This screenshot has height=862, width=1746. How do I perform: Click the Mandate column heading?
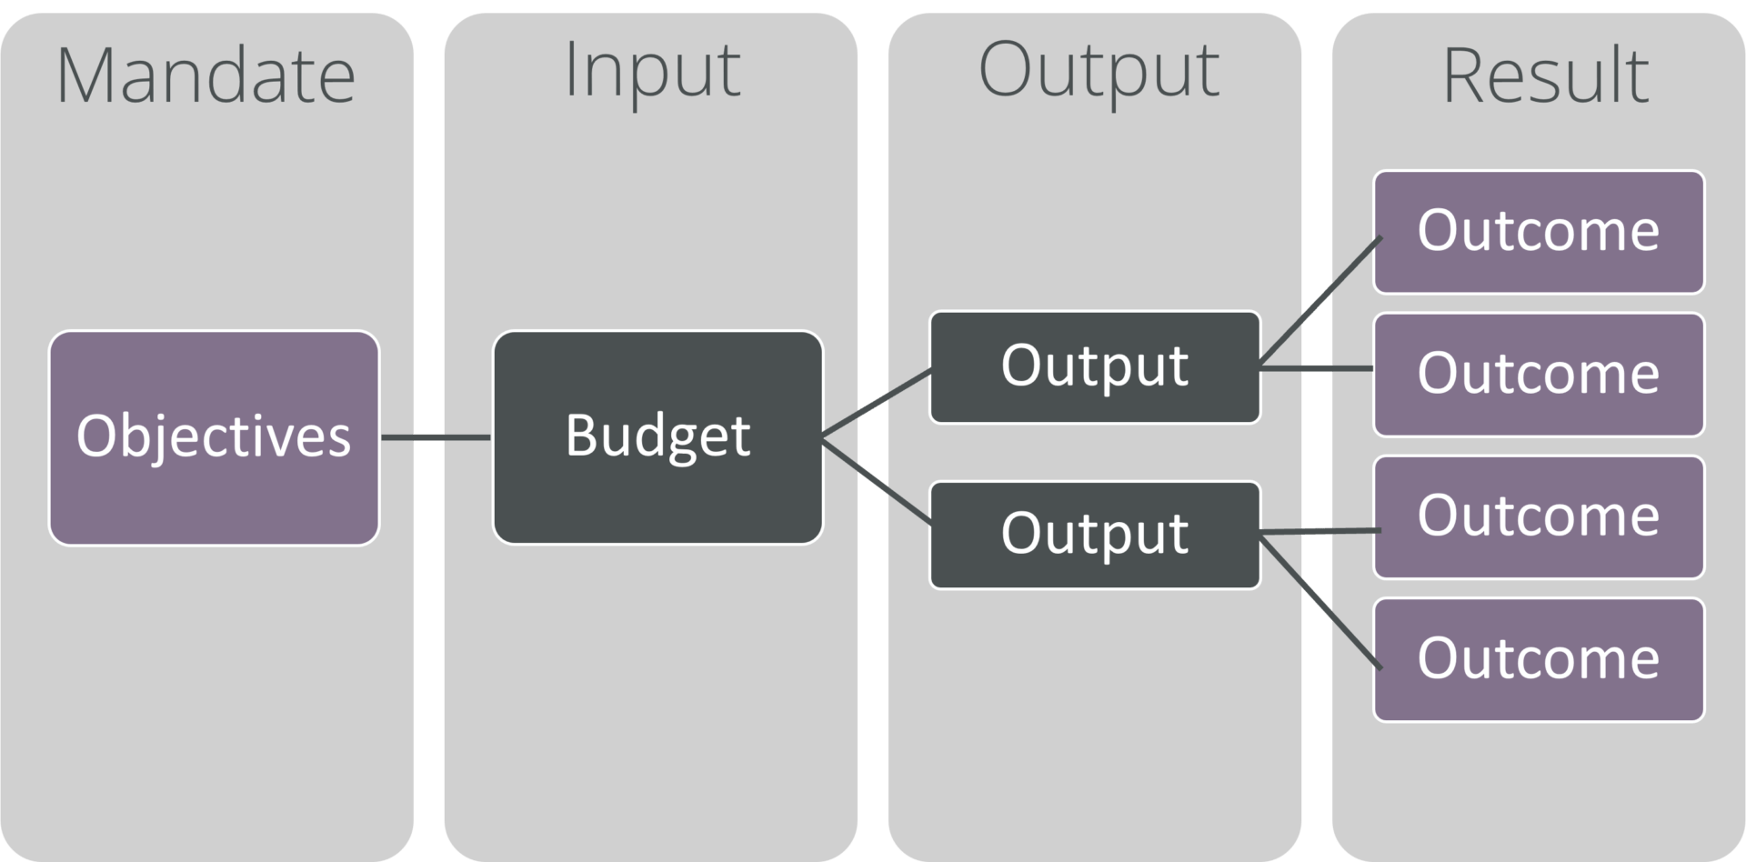[206, 75]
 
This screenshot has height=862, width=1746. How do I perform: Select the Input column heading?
[652, 73]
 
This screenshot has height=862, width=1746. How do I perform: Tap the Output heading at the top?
[1099, 73]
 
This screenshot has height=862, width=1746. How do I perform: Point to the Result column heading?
[1545, 75]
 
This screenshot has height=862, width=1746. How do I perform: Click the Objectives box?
[214, 437]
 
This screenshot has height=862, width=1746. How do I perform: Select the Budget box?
[657, 437]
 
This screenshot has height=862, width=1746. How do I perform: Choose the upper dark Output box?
[1095, 367]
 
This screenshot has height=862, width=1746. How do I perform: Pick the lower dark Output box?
[1095, 535]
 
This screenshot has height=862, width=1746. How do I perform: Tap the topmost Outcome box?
[1539, 232]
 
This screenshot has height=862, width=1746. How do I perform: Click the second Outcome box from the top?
[1539, 375]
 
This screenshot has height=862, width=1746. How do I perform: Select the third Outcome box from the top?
[1539, 516]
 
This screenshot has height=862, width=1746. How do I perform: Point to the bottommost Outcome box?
[1539, 659]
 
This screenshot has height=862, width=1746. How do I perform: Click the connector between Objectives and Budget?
[436, 437]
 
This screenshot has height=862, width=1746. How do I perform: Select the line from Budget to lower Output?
[877, 482]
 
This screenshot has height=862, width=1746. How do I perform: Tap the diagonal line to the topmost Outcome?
[1320, 300]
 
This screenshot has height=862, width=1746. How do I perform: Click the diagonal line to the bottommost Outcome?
[1320, 603]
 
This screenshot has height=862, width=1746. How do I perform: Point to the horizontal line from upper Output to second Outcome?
[1317, 368]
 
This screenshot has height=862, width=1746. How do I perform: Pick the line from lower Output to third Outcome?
[1320, 531]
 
